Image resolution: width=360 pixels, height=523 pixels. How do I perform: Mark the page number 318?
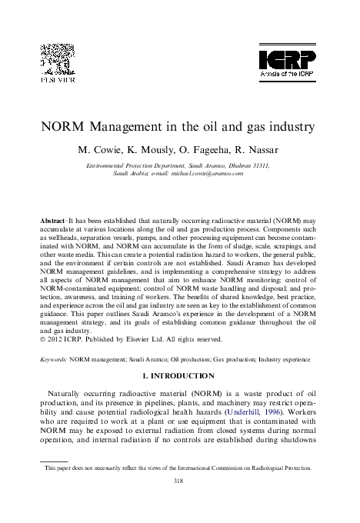(180, 479)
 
